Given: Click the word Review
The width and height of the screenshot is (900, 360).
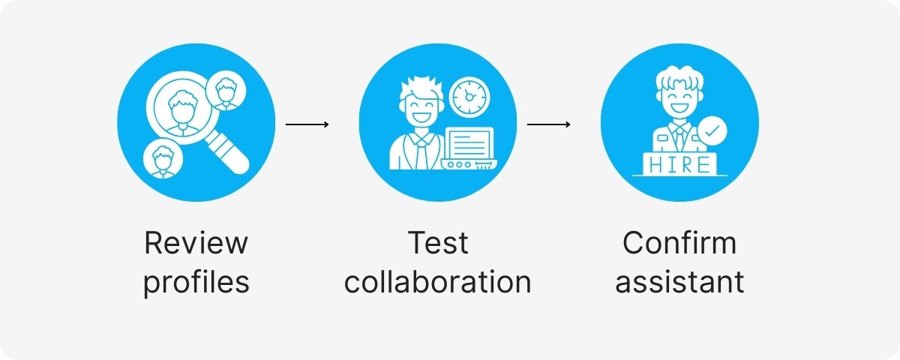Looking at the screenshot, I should (196, 243).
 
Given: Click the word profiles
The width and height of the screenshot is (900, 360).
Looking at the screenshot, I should (196, 282).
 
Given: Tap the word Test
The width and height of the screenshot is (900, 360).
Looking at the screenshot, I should (437, 243).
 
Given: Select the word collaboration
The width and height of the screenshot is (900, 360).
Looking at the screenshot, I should (437, 282).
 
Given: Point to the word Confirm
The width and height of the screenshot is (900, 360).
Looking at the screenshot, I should (679, 243).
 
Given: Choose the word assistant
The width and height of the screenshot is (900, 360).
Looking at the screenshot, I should (679, 282).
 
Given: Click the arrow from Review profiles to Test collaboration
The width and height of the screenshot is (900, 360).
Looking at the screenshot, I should (307, 124).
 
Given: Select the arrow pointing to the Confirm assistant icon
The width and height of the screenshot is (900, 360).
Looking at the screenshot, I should (549, 124).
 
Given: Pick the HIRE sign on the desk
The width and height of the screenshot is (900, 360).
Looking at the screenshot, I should (679, 164).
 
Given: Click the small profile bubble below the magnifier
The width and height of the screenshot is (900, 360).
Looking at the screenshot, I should (160, 158).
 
